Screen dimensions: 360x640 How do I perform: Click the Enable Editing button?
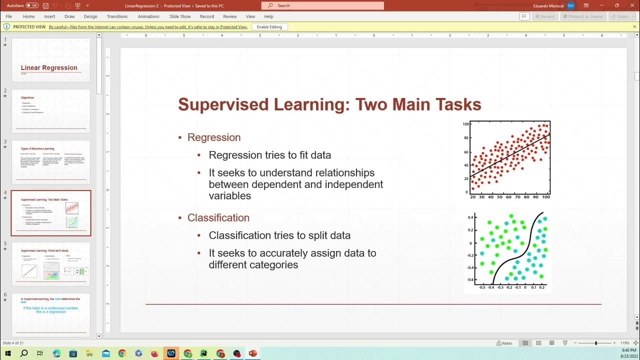click(x=269, y=26)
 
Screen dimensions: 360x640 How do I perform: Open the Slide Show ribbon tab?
click(x=180, y=16)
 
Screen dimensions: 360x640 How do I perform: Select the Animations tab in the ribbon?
click(x=148, y=16)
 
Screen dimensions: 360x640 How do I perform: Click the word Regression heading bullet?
click(x=214, y=137)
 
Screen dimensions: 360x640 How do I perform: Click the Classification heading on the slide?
click(x=218, y=218)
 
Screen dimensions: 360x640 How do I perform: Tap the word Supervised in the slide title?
click(x=213, y=105)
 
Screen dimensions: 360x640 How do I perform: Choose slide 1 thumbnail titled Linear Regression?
click(x=50, y=60)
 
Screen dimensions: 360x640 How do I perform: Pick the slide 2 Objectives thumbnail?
click(x=50, y=111)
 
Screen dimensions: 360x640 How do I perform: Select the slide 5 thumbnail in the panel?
click(x=50, y=264)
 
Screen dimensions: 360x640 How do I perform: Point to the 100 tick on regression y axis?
click(x=465, y=124)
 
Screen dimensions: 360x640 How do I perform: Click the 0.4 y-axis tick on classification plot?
click(x=470, y=217)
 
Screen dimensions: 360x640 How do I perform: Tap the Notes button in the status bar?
click(x=504, y=343)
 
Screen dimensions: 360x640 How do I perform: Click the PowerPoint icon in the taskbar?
click(x=252, y=353)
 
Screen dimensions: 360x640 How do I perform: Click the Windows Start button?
click(x=8, y=353)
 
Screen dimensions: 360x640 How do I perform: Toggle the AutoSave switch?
click(x=32, y=5)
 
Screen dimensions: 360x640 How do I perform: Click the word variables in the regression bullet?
click(x=230, y=196)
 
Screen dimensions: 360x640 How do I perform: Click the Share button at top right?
click(x=622, y=16)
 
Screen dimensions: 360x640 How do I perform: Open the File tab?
click(x=8, y=16)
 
